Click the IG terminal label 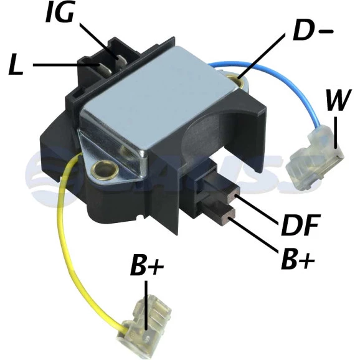60,12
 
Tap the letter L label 16,65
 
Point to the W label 338,100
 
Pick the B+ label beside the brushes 298,260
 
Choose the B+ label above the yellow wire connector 147,265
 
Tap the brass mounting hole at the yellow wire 104,170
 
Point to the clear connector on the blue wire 315,161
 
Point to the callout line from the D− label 261,55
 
